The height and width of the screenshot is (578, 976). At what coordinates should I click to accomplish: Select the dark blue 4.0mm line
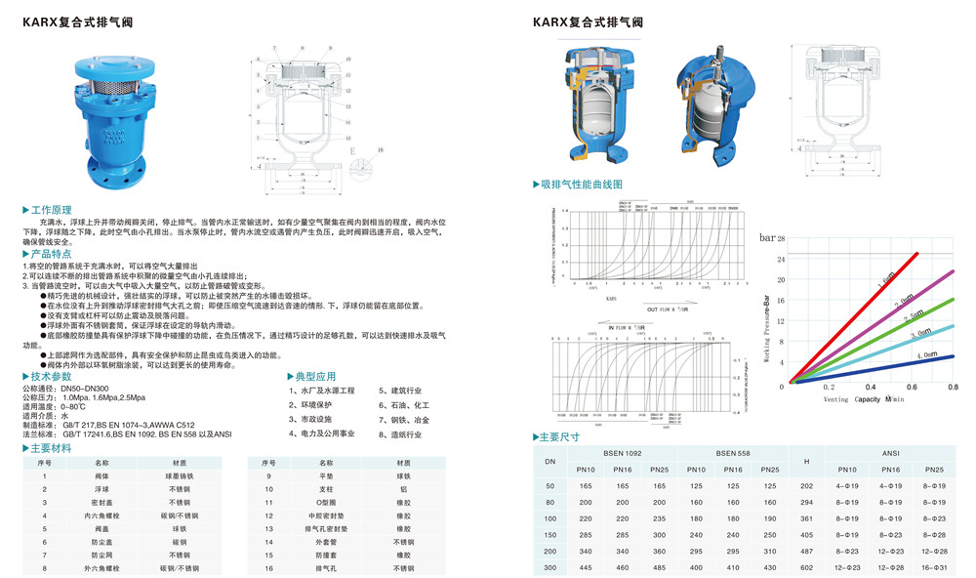[878, 368]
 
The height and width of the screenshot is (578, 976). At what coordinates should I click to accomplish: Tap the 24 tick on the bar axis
[781, 259]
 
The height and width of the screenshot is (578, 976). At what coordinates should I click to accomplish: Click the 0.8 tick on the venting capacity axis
[953, 388]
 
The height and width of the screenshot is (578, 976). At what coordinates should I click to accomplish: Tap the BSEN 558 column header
[733, 453]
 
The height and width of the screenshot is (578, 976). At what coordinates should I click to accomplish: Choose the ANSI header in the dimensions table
[889, 453]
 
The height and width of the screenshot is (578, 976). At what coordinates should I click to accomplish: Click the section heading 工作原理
[52, 210]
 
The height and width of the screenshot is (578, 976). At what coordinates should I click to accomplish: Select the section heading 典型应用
[316, 376]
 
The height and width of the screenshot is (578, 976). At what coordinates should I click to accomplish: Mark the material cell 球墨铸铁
[180, 475]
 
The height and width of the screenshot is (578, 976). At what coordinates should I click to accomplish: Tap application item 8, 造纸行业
[402, 434]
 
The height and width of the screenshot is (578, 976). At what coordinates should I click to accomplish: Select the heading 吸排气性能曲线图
[582, 184]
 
